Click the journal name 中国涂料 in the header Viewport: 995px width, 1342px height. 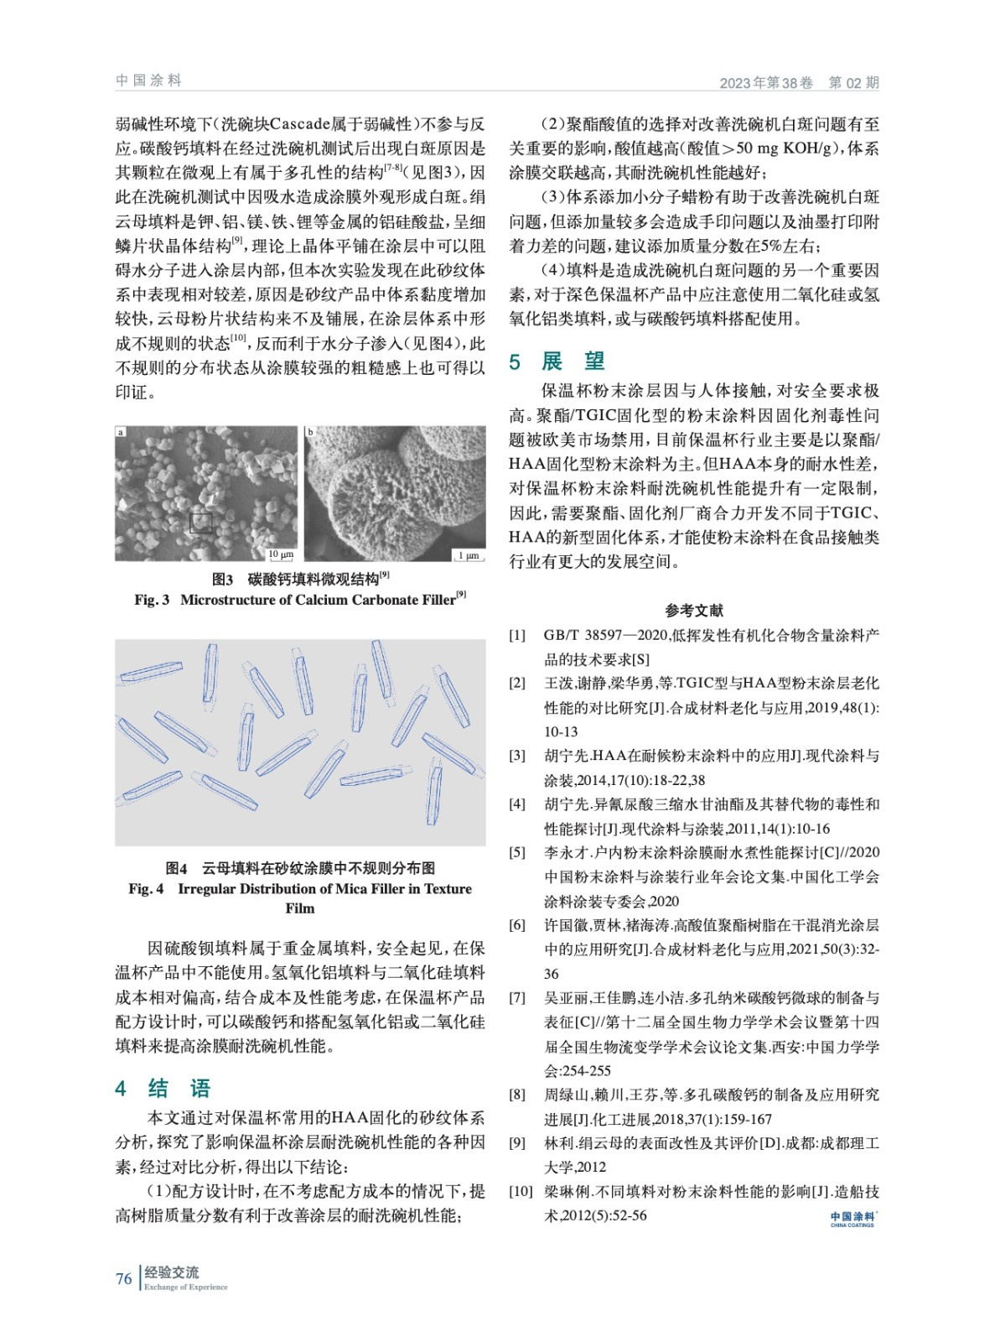(x=148, y=81)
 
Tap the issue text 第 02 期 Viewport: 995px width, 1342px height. (x=853, y=82)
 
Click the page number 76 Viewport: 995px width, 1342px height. (x=124, y=1278)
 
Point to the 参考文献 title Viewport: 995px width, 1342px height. (x=694, y=610)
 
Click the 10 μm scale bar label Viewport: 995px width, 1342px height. (x=281, y=554)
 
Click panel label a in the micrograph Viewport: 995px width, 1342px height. (x=121, y=432)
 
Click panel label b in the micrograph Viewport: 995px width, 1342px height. (x=310, y=432)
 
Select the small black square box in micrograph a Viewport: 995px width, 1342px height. (x=201, y=523)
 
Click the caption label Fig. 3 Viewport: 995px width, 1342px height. (x=152, y=600)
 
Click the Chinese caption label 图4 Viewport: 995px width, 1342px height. (x=176, y=868)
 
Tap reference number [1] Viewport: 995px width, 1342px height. (x=517, y=635)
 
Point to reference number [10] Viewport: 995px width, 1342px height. (x=521, y=1191)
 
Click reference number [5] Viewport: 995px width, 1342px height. (x=517, y=852)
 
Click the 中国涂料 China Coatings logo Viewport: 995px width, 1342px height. (x=852, y=1219)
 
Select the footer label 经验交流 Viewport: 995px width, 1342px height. (x=171, y=1272)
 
